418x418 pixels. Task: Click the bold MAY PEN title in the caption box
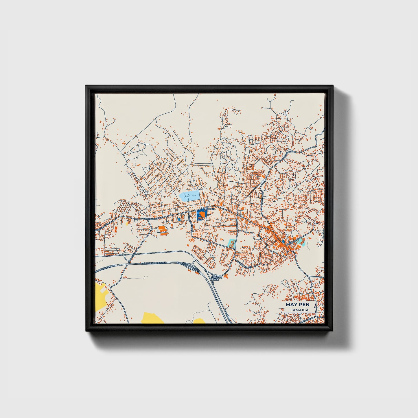[x=297, y=305]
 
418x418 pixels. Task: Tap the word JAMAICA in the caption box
[x=297, y=310]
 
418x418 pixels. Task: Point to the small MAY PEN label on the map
[x=209, y=209]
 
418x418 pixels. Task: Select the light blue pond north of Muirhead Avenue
[x=189, y=196]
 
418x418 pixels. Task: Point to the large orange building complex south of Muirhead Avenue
[x=162, y=230]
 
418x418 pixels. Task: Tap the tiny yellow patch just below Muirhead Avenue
[x=127, y=223]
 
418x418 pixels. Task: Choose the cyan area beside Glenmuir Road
[x=231, y=243]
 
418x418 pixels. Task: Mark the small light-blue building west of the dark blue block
[x=179, y=220]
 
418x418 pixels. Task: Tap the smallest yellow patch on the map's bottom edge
[x=199, y=321]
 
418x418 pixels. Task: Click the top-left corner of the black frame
[x=86, y=86]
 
